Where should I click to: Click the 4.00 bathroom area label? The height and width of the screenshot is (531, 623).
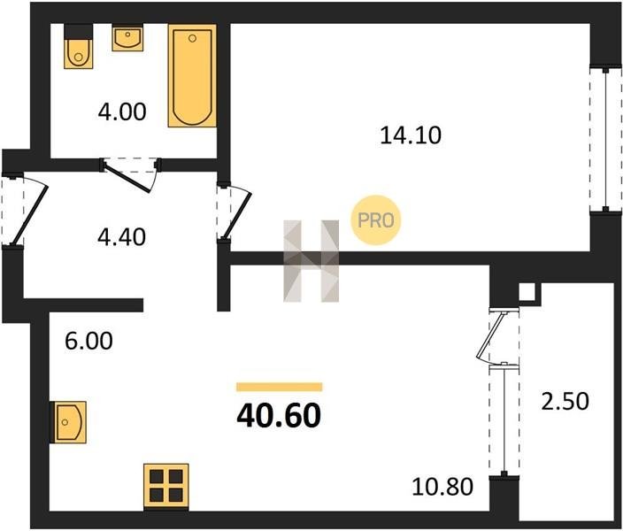[122, 112]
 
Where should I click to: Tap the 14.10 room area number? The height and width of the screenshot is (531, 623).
[411, 135]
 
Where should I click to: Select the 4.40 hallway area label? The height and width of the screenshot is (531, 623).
[121, 237]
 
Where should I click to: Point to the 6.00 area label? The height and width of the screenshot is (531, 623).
[88, 341]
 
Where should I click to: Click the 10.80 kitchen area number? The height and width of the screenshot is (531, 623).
[442, 487]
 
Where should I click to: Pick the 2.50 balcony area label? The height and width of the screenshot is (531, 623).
[565, 401]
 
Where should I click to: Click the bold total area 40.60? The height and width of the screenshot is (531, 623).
[279, 415]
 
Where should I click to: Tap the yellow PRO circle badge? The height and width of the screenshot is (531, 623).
[375, 220]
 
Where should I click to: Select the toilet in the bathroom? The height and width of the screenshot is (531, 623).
[78, 46]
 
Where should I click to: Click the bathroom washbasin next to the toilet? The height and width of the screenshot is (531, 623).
[127, 39]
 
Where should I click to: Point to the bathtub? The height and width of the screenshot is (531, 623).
[192, 75]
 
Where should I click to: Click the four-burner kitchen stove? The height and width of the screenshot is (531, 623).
[166, 487]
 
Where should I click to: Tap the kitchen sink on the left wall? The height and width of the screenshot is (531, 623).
[68, 422]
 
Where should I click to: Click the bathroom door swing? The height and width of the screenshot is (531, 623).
[129, 176]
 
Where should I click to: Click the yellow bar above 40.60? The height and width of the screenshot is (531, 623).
[280, 387]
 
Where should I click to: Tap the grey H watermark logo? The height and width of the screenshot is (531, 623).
[311, 261]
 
